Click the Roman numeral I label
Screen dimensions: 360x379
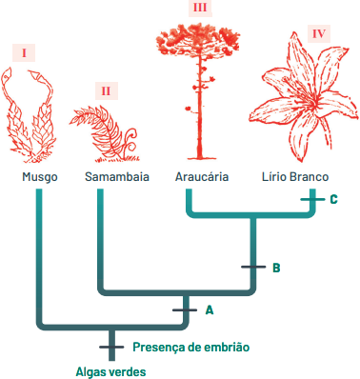pyautogui.click(x=24, y=52)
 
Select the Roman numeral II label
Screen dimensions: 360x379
pyautogui.click(x=107, y=91)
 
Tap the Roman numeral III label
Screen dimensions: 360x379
pyautogui.click(x=200, y=8)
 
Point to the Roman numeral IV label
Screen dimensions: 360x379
pyautogui.click(x=319, y=33)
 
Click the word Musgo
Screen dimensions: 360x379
pyautogui.click(x=40, y=177)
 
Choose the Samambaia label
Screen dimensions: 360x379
pyautogui.click(x=117, y=177)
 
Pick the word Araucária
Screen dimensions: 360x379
pyautogui.click(x=202, y=177)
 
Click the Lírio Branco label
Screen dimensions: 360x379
pyautogui.click(x=295, y=177)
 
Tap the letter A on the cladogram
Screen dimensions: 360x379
pyautogui.click(x=210, y=310)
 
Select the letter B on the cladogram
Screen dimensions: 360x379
pyautogui.click(x=276, y=268)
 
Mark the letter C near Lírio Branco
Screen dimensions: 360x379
pyautogui.click(x=333, y=199)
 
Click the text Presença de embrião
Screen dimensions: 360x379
pyautogui.click(x=191, y=347)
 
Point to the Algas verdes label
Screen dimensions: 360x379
pyautogui.click(x=110, y=371)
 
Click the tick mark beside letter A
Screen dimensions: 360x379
pyautogui.click(x=185, y=309)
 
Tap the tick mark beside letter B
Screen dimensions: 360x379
pyautogui.click(x=253, y=267)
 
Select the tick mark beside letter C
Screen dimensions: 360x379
pyautogui.click(x=312, y=199)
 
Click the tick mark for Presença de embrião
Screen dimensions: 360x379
pyautogui.click(x=111, y=347)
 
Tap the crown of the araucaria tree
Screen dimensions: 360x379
pyautogui.click(x=197, y=38)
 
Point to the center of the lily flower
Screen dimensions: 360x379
pyautogui.click(x=312, y=101)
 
